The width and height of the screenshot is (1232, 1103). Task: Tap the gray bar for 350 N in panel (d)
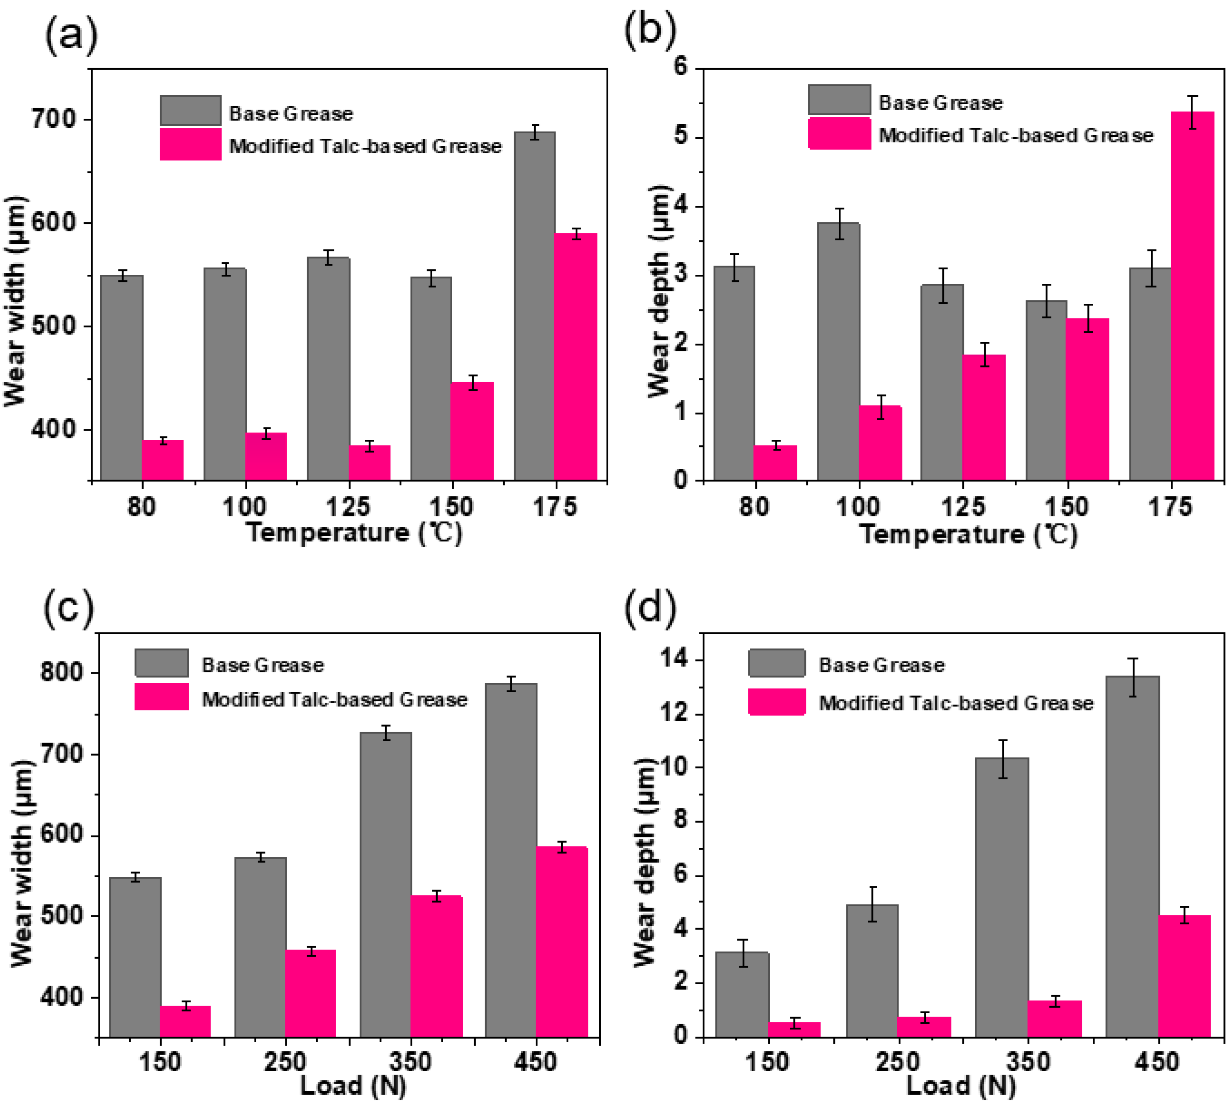coord(1002,897)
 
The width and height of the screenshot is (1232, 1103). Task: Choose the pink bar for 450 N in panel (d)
coord(1183,976)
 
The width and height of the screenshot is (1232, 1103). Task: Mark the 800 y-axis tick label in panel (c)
coord(61,672)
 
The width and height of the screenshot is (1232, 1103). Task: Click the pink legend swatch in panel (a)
coord(191,144)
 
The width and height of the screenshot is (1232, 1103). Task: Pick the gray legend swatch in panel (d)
coord(777,663)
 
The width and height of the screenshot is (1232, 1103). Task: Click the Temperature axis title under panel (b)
coord(968,534)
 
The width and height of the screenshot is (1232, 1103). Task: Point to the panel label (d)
coord(650,608)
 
